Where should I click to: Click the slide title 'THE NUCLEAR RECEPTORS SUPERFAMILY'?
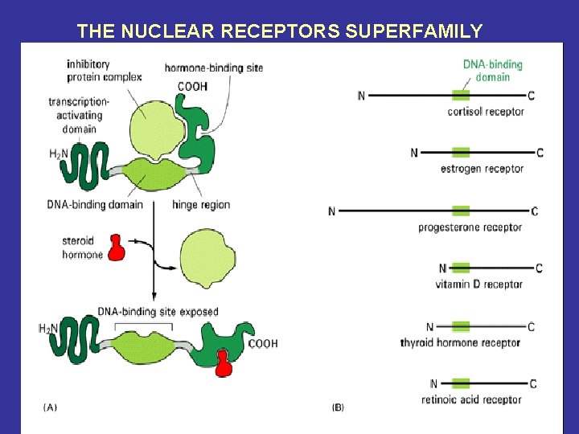(280, 31)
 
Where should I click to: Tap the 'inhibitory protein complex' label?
(104, 71)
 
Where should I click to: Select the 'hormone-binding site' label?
(213, 68)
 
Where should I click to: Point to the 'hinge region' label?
(201, 205)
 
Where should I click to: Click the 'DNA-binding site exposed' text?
(158, 312)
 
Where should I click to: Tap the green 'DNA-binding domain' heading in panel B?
(492, 71)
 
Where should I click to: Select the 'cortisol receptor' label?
(486, 112)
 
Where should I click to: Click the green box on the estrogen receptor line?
(461, 153)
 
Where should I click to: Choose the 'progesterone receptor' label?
(470, 227)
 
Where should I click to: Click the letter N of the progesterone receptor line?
(332, 211)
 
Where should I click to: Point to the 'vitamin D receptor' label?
(478, 284)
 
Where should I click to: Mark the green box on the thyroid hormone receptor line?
(461, 327)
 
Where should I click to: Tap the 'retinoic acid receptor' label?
(471, 399)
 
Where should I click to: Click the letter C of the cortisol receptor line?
(532, 96)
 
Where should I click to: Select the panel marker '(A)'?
(50, 407)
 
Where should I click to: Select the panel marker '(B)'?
(338, 407)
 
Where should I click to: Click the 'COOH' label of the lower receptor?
(263, 344)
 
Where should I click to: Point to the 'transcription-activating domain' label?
(77, 115)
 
